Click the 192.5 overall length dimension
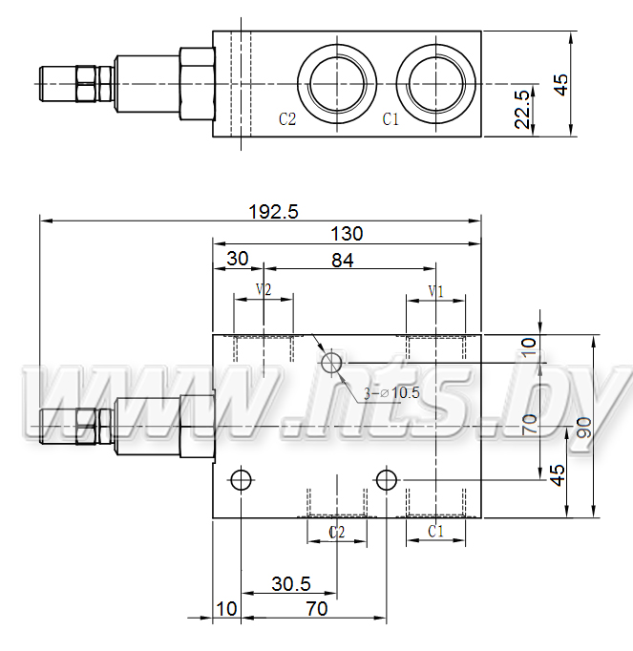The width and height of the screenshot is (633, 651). click(273, 212)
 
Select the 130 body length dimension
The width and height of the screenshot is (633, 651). click(347, 234)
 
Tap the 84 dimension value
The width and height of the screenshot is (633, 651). click(343, 261)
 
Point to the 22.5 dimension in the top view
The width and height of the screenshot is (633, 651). click(522, 109)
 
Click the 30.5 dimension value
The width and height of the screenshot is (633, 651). click(291, 584)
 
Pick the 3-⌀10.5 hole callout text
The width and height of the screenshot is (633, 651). click(391, 392)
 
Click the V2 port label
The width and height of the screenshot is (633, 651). click(264, 289)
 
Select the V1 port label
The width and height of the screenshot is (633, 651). click(436, 291)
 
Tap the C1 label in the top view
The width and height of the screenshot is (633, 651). click(390, 119)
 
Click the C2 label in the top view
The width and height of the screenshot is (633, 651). click(287, 119)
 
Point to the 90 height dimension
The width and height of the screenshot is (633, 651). click(584, 428)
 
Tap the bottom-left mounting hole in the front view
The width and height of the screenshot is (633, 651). click(241, 471)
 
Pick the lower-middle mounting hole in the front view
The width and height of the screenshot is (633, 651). click(387, 471)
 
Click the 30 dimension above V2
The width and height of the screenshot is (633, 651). click(238, 259)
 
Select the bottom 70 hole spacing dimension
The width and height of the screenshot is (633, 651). click(317, 609)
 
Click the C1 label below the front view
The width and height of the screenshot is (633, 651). click(435, 531)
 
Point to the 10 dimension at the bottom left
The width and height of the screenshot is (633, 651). click(227, 609)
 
